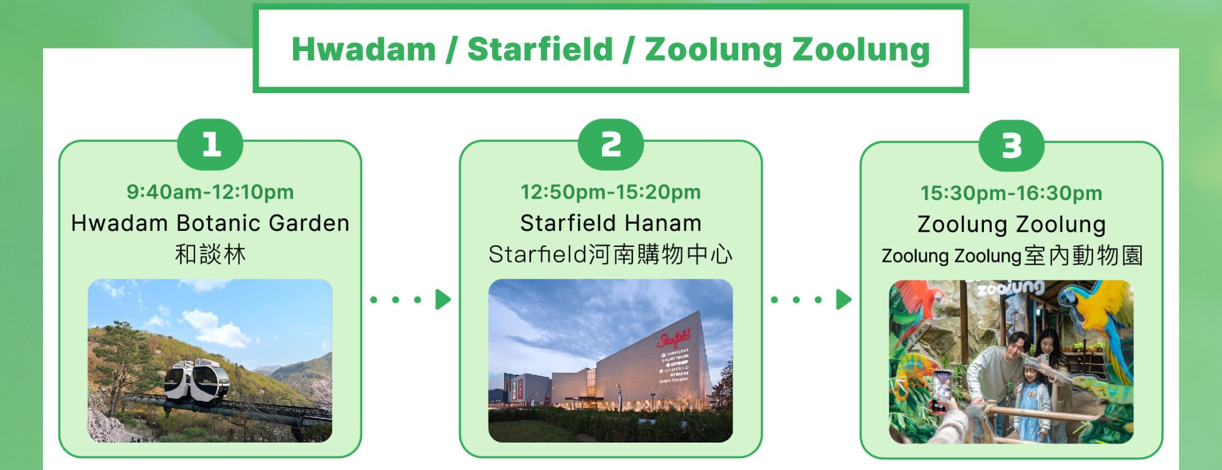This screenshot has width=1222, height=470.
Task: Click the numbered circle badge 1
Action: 210,145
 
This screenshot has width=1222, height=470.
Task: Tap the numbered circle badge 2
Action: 610,145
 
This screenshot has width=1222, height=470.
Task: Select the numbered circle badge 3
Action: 1011,146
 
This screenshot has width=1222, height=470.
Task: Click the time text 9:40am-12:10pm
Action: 210,192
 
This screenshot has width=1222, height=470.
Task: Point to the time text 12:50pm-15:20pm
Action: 610,192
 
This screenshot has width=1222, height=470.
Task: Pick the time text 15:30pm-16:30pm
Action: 1011,193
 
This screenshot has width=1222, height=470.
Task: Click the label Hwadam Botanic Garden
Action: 210,223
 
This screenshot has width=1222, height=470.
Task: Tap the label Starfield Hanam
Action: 610,223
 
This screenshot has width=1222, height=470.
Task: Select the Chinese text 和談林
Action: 210,255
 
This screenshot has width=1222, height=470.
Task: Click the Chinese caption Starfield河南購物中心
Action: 610,255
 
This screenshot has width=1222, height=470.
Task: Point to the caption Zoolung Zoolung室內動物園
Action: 1011,256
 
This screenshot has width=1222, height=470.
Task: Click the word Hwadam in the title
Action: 363,49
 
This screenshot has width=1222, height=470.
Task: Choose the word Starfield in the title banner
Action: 540,49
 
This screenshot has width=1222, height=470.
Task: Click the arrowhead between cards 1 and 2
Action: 443,299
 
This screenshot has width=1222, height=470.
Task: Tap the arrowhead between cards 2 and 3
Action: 844,299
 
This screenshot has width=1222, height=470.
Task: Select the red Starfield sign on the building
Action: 674,339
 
